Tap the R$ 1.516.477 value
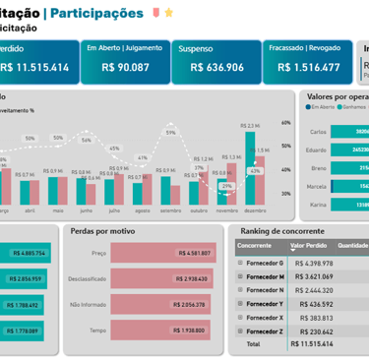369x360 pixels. pos(309,68)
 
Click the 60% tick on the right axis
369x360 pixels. pos(285,123)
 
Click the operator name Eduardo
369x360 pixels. pos(317,150)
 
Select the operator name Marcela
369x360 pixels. pos(317,186)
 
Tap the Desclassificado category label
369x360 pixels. pos(86,278)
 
